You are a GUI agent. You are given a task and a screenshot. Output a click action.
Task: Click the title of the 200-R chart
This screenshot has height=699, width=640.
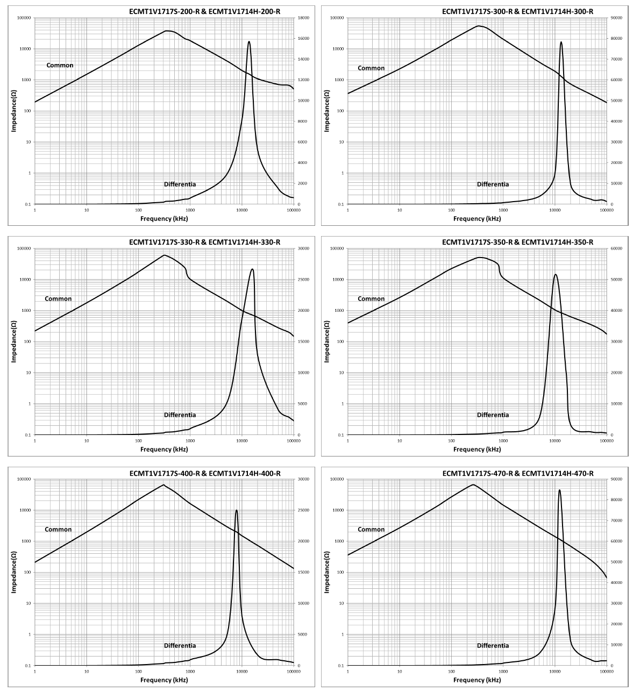point(204,11)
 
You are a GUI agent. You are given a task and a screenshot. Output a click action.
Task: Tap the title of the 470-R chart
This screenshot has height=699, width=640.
point(517,473)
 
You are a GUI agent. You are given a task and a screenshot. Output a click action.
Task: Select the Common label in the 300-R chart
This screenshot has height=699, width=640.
point(371,68)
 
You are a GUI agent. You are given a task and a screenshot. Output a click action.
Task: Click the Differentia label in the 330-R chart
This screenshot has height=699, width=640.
point(180,415)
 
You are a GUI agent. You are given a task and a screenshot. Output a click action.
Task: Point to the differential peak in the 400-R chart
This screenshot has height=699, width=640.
point(236,510)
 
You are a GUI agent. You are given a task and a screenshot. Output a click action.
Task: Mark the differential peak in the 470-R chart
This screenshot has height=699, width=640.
point(559,490)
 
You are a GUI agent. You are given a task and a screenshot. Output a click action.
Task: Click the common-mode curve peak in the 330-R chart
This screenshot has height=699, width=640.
point(165,255)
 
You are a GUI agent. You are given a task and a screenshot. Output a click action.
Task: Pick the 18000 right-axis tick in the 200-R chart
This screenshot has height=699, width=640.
point(303,18)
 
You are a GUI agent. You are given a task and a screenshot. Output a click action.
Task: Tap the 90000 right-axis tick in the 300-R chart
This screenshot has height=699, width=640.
point(616,18)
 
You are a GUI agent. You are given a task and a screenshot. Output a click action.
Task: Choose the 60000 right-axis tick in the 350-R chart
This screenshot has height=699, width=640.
point(616,248)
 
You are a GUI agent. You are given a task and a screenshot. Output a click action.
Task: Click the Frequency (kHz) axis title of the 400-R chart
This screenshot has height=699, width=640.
point(164,680)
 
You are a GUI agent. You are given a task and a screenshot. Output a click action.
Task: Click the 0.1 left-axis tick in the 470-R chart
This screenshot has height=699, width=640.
point(340,666)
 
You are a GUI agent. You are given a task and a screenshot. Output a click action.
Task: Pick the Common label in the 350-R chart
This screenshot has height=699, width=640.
point(371,299)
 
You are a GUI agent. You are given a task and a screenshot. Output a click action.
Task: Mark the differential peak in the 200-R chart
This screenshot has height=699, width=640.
point(248,41)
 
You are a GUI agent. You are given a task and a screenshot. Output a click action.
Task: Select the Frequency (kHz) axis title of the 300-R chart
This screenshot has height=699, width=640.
point(477,219)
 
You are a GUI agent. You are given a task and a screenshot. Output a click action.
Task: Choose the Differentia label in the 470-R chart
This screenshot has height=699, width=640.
point(493,646)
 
